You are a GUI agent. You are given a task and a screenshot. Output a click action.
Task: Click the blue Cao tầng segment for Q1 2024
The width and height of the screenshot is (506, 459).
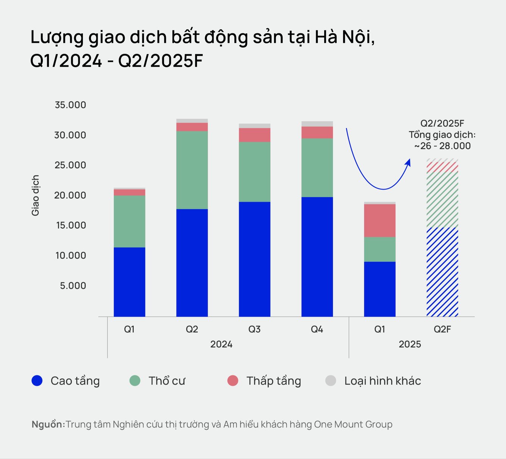[x=130, y=282]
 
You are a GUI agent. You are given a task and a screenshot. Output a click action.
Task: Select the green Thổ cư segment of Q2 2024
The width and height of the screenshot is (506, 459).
[x=192, y=170]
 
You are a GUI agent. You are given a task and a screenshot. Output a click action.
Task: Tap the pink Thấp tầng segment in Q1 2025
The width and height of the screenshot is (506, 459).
[x=380, y=221]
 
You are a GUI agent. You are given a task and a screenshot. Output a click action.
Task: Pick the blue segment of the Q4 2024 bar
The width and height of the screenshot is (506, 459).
[x=317, y=257]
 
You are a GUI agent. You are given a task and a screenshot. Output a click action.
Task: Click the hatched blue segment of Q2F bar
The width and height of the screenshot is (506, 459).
[x=442, y=272]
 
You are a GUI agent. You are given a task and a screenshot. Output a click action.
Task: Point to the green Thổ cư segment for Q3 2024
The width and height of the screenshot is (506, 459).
[x=255, y=172]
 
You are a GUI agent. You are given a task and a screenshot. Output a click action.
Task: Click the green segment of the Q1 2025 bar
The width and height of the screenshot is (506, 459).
[x=380, y=249]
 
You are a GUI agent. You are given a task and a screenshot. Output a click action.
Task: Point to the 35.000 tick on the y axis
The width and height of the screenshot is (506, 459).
[x=70, y=105]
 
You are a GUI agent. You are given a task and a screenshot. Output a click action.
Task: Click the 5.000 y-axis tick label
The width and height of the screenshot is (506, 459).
[x=73, y=285]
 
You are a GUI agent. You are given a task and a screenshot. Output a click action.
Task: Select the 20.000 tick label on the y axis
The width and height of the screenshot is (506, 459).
[x=70, y=195]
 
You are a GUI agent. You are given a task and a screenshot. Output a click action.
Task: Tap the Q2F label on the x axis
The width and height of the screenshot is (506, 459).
[x=442, y=329]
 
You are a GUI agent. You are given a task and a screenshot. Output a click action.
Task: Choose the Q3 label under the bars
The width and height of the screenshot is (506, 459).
[x=255, y=329]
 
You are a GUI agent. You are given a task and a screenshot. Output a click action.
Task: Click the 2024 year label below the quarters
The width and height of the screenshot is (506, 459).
[x=221, y=344]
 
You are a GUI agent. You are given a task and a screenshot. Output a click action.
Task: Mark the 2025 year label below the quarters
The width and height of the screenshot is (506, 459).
[x=410, y=344]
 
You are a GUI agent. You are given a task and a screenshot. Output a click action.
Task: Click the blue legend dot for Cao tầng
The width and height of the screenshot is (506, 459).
[x=37, y=381]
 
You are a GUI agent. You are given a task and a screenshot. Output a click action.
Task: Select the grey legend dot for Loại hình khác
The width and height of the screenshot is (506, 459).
[x=331, y=381]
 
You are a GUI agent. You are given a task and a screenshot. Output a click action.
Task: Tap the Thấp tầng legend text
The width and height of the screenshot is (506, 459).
[x=273, y=381]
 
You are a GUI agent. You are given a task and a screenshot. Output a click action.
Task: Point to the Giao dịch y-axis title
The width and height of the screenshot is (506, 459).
[x=36, y=195]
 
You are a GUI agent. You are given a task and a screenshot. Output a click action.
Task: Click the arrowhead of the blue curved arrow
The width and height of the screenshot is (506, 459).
[x=408, y=162]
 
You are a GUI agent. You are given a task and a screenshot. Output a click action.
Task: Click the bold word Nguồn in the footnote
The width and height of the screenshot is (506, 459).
[x=47, y=424]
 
